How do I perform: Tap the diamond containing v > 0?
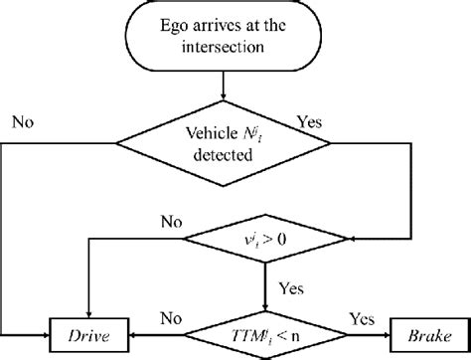263,240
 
